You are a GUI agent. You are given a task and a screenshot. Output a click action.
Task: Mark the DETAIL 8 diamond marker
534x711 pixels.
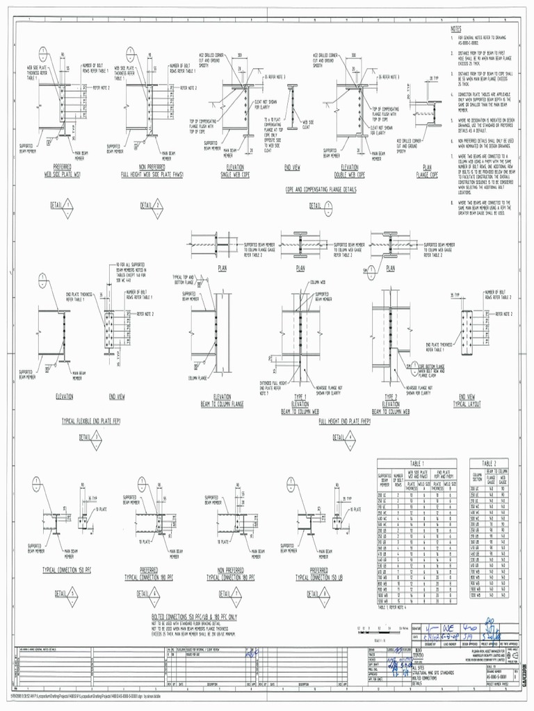[325, 594]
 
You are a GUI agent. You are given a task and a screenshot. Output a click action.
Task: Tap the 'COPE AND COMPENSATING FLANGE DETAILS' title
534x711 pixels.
[321, 189]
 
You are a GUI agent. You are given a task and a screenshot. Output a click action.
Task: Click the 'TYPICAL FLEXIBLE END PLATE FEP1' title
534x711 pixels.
[91, 421]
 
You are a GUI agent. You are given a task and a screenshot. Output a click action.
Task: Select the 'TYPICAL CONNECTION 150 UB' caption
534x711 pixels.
[318, 576]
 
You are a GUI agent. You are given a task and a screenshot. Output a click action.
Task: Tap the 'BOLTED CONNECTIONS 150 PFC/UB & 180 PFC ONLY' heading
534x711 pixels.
[194, 616]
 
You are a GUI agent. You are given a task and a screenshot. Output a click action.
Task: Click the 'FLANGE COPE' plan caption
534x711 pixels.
[427, 174]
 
